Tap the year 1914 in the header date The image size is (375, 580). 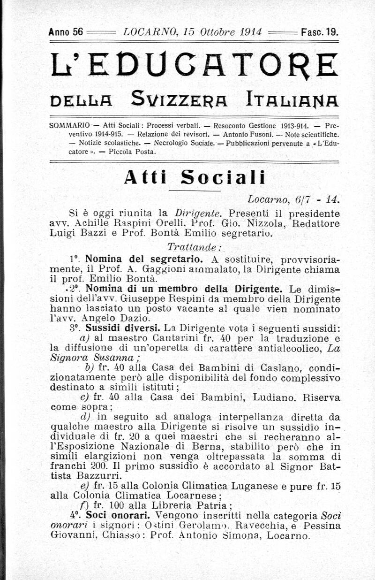[x=250, y=33]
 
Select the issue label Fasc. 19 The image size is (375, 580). [x=320, y=33]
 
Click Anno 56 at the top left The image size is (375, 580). [x=66, y=33]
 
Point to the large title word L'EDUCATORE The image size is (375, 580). [x=193, y=66]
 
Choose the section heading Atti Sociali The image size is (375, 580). [x=194, y=178]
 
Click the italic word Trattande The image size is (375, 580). [x=194, y=247]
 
